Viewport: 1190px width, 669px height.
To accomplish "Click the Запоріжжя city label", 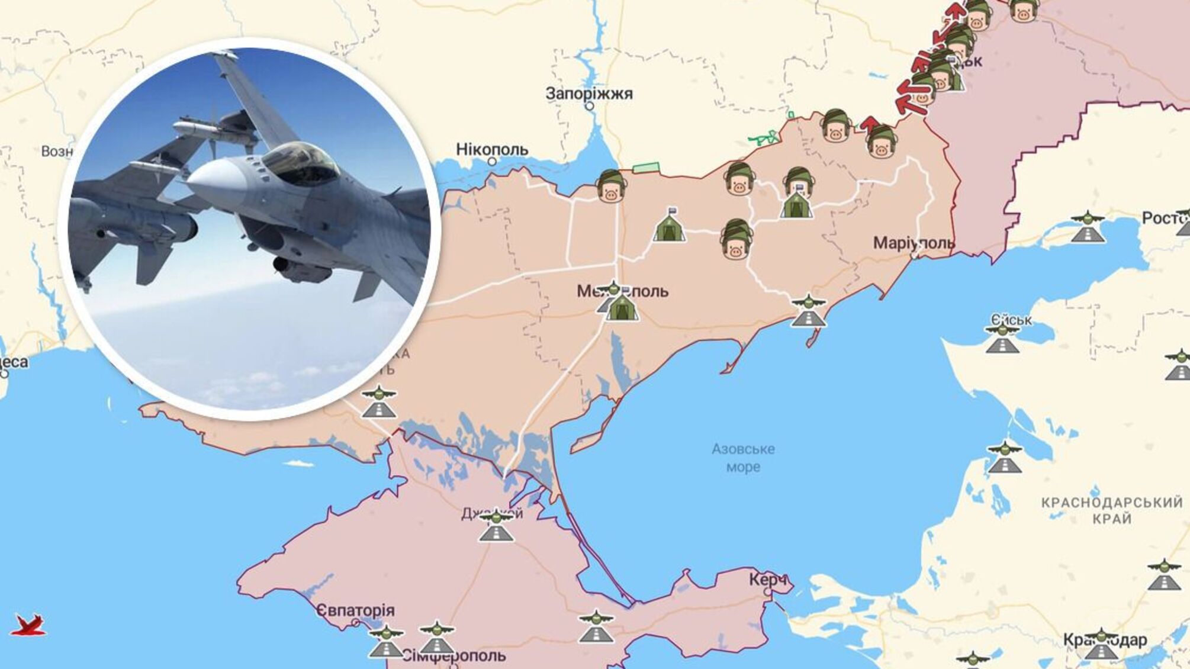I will [x=588, y=94].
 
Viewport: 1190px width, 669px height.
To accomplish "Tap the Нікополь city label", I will [x=491, y=149].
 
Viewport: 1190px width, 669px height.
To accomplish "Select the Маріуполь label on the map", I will [x=914, y=243].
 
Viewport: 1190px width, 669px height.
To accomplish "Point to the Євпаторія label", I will [x=355, y=610].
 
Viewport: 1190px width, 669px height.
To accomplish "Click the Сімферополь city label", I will [x=454, y=655].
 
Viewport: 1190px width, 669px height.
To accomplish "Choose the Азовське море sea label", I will [x=743, y=458].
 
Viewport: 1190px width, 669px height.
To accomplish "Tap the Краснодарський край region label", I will [x=1112, y=510].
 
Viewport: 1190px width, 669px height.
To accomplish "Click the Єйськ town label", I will [x=1012, y=320].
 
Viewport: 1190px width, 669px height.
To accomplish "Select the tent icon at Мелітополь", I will [x=622, y=308].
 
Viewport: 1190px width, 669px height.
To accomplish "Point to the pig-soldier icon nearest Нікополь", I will [x=611, y=186].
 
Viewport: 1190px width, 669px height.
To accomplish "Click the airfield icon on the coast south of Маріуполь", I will [x=808, y=311].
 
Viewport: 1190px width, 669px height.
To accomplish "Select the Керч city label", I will [x=768, y=579].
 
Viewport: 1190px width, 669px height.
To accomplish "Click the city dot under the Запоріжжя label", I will [x=589, y=107].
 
